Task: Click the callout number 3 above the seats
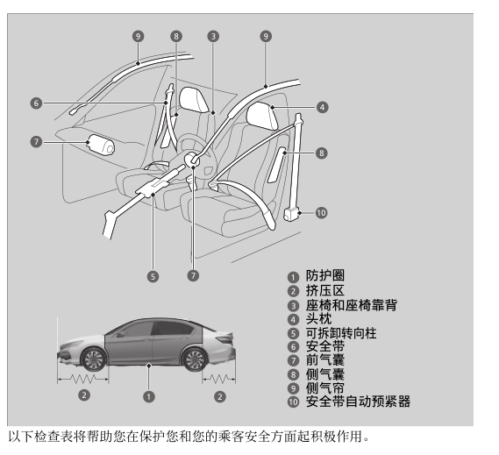[213, 36]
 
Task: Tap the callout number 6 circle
[36, 103]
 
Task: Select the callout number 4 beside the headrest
[322, 107]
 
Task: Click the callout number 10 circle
[322, 213]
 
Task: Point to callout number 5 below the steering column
[153, 276]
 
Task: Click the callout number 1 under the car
[149, 397]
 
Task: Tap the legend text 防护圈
[325, 275]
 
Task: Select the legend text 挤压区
[325, 290]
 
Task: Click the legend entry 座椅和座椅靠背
[352, 305]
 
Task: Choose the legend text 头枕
[318, 319]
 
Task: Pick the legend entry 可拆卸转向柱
[341, 333]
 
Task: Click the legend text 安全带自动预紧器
[358, 402]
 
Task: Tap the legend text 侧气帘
[325, 387]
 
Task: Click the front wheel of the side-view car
[94, 359]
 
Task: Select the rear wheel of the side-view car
[195, 359]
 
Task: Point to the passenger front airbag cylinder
[101, 145]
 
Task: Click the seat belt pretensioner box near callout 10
[292, 213]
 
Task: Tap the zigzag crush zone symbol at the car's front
[82, 379]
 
